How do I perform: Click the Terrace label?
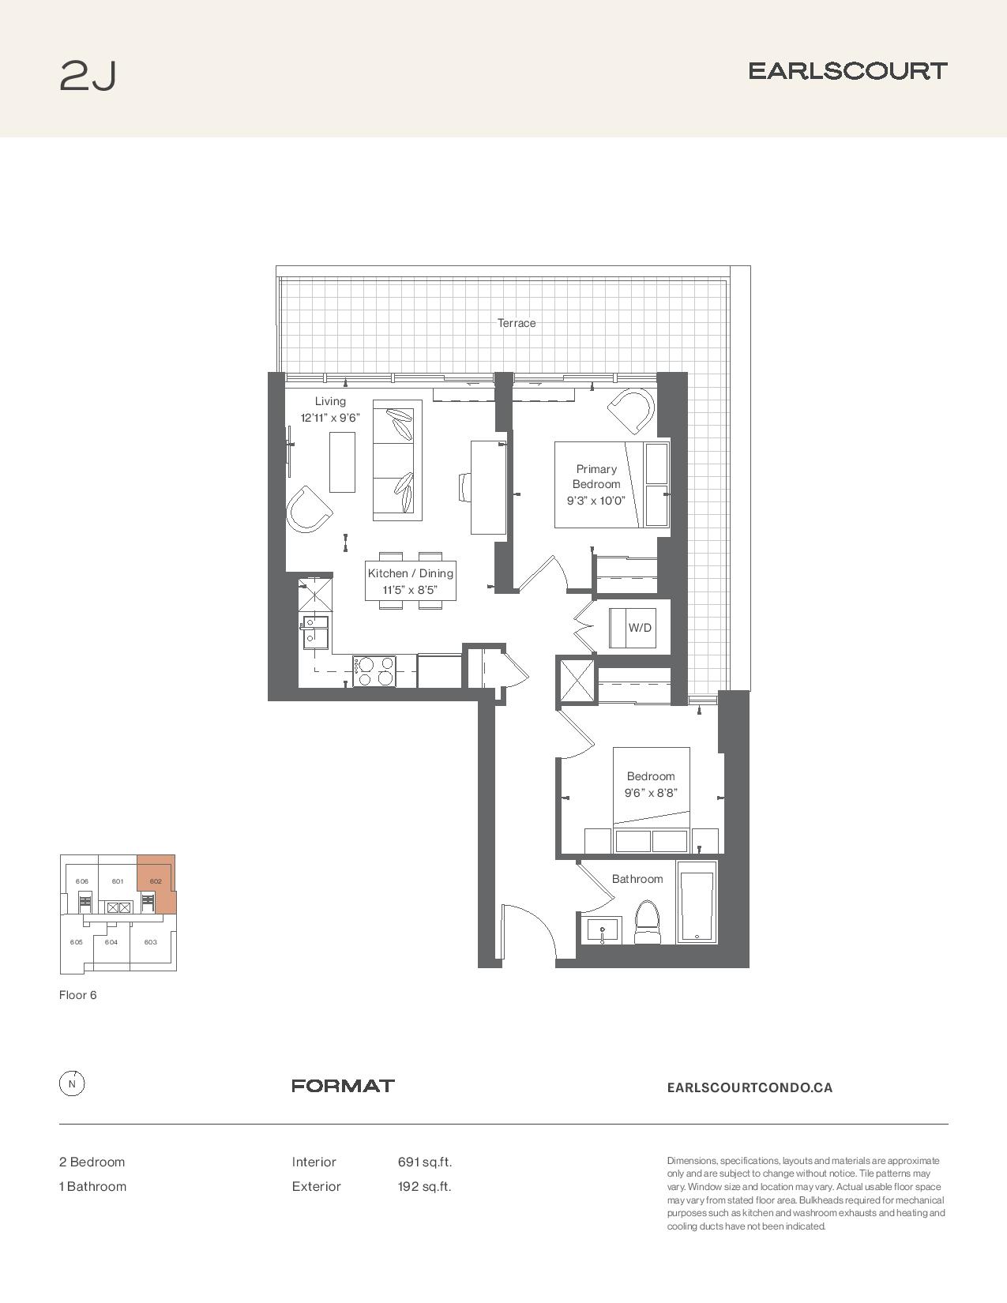[517, 323]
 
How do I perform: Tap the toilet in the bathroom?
[647, 923]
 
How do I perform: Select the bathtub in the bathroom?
[697, 903]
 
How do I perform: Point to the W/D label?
[639, 628]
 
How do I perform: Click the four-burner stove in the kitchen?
[374, 671]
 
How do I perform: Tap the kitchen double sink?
[315, 633]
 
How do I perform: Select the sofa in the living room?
[396, 460]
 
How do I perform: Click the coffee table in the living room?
[342, 462]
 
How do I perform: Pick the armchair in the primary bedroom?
[630, 411]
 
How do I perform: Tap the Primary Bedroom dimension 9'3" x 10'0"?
[596, 501]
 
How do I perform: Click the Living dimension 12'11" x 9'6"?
[330, 418]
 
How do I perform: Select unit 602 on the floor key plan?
[156, 882]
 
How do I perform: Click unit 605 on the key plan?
[76, 943]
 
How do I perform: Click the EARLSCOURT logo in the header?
[848, 71]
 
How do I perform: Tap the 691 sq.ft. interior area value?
[425, 1162]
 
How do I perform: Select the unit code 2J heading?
[88, 76]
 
